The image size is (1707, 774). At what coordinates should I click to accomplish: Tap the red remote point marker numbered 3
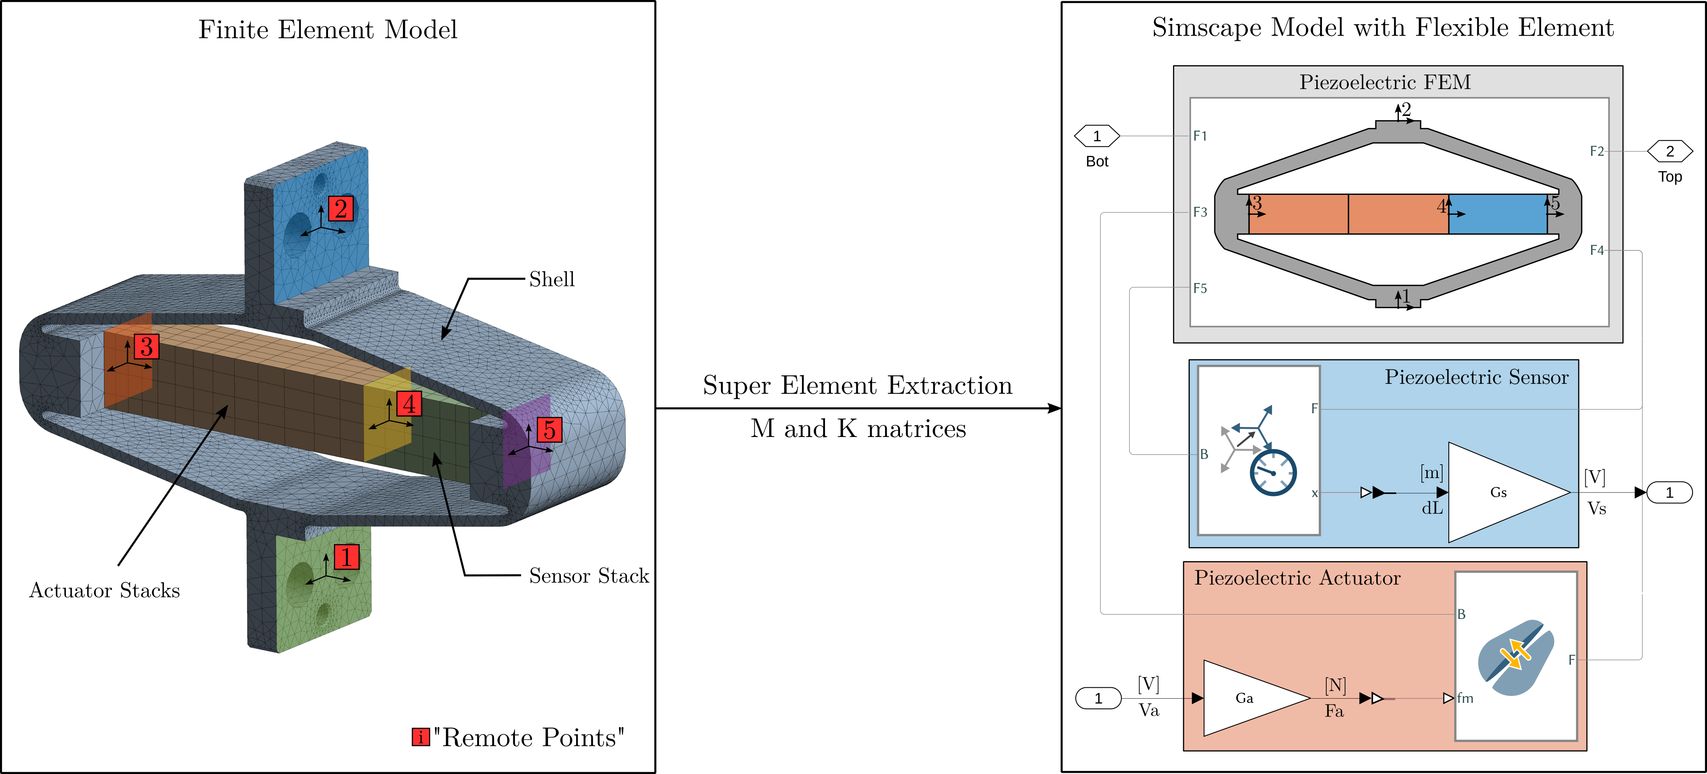[146, 346]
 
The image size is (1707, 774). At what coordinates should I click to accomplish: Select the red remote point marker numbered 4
[409, 403]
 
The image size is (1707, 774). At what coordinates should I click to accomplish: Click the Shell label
[551, 279]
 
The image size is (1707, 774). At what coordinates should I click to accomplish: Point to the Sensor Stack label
[588, 576]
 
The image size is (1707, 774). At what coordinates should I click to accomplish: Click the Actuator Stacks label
[105, 590]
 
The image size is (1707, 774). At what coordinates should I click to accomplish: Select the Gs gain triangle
[1499, 492]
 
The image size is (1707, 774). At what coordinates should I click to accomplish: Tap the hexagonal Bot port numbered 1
[1097, 136]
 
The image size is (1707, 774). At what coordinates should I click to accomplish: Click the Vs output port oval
[1669, 493]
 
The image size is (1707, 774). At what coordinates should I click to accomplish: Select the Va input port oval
[1098, 698]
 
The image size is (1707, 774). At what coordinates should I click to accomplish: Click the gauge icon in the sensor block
[1272, 472]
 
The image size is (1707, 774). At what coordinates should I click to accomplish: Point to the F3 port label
[1200, 212]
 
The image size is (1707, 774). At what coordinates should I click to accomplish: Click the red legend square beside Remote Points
[420, 737]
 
